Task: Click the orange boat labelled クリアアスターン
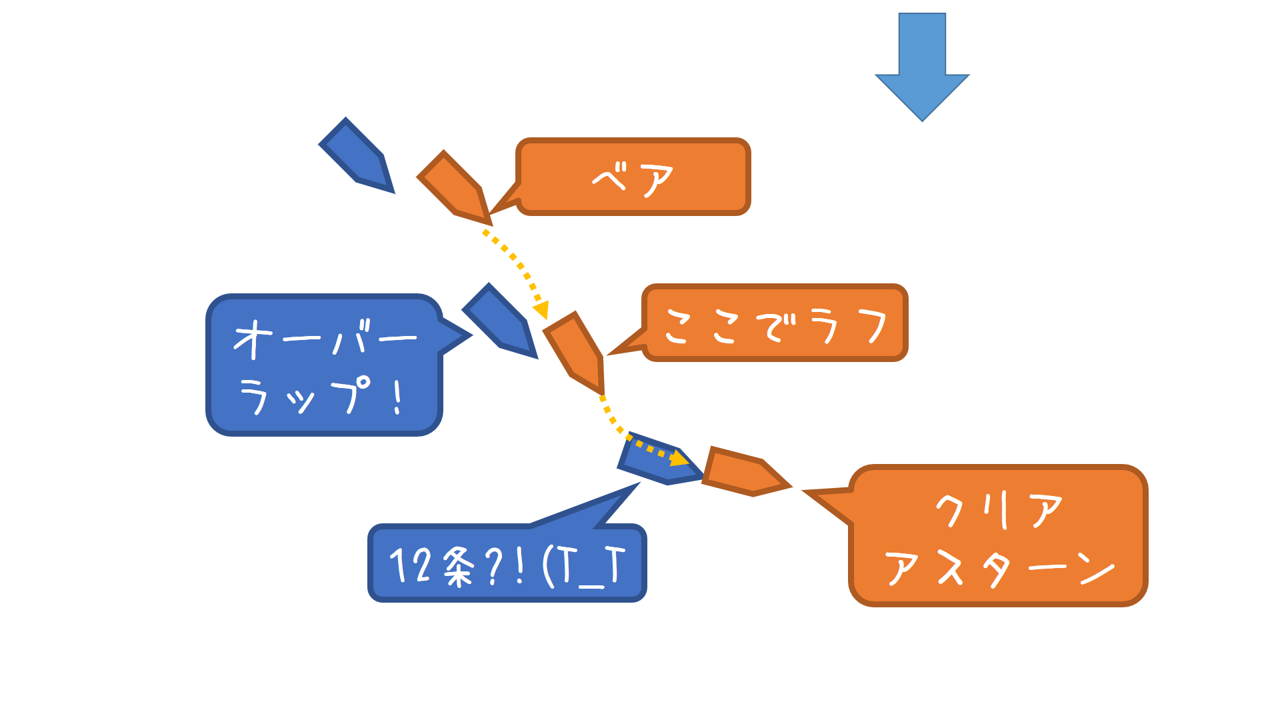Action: click(743, 471)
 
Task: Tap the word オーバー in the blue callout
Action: click(325, 339)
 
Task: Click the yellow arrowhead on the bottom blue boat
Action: click(679, 459)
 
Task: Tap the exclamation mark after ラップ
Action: click(398, 398)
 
